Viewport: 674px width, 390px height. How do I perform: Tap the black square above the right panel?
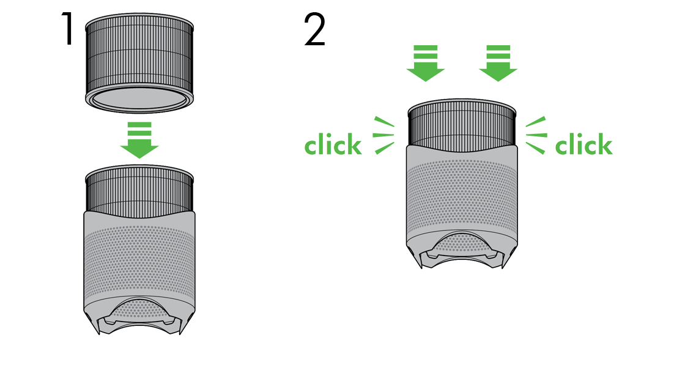point(314,29)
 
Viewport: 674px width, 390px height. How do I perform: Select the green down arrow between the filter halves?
point(140,141)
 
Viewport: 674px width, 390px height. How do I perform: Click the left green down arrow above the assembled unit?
point(426,70)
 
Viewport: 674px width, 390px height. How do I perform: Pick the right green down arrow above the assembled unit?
point(498,70)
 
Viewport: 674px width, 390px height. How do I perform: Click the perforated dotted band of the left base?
point(140,263)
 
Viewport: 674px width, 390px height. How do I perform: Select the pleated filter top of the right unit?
point(462,125)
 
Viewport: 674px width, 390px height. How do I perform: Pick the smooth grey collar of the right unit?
point(462,156)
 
